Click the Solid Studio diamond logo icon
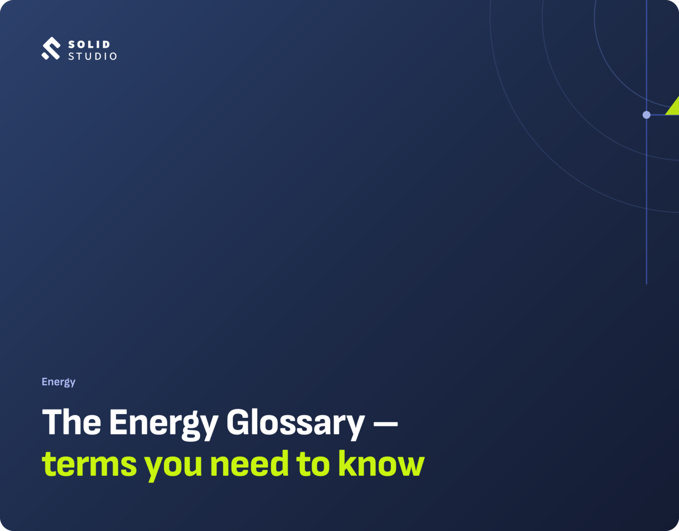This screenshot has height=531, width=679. click(x=50, y=49)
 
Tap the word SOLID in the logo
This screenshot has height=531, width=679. click(x=90, y=45)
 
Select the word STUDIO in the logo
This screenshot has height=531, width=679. click(x=92, y=56)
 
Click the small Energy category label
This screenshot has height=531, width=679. click(x=58, y=382)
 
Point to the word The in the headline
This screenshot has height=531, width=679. click(x=72, y=422)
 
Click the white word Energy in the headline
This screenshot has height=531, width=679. click(x=164, y=424)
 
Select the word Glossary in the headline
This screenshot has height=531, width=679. click(x=295, y=424)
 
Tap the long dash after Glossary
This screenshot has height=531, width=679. click(x=386, y=424)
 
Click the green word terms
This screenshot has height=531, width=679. click(x=90, y=464)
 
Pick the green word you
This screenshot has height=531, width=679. click(x=173, y=467)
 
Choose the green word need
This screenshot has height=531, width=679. click(x=249, y=463)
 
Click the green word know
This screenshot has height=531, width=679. click(x=381, y=463)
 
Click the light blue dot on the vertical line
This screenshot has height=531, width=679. click(x=646, y=115)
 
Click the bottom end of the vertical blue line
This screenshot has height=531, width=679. click(x=646, y=284)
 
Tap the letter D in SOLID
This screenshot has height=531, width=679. click(x=106, y=45)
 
